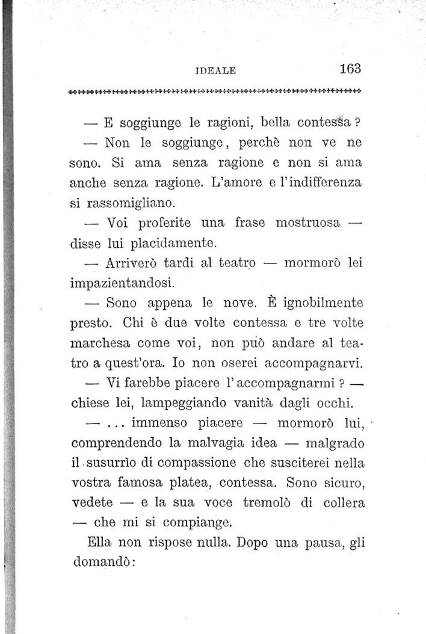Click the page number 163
[350, 68]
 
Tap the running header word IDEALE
[215, 70]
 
